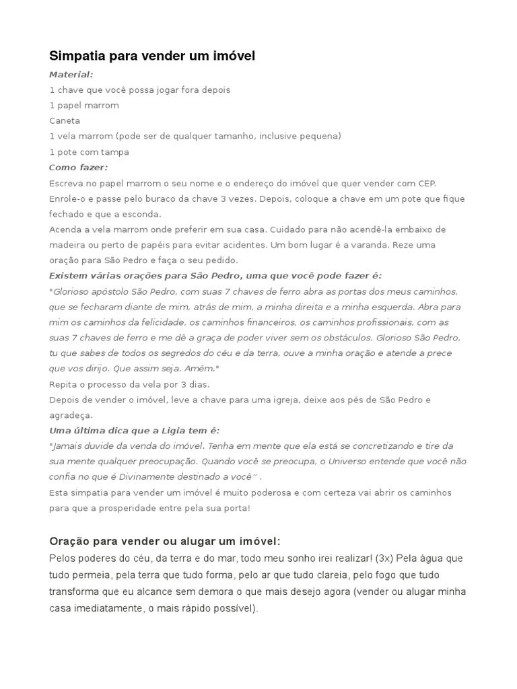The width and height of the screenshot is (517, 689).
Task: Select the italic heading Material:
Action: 71,74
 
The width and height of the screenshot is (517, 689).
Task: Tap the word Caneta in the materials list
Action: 65,120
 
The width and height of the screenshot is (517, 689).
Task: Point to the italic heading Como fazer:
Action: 78,167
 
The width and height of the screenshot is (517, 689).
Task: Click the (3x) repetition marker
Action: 386,558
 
